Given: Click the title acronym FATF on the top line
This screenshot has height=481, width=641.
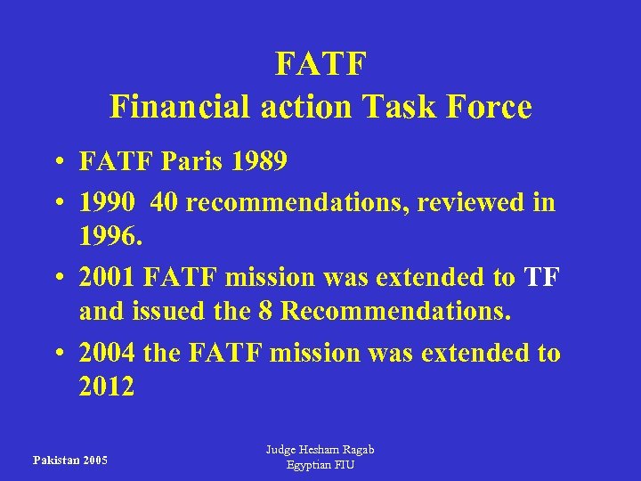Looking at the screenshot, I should point(320,65).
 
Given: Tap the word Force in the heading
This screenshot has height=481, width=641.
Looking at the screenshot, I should point(491,108).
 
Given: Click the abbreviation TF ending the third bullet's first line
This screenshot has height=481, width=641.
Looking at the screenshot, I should point(541,278).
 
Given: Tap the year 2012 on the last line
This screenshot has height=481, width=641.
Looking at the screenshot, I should point(107,387).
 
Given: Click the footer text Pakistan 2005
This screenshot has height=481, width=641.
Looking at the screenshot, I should point(70,461).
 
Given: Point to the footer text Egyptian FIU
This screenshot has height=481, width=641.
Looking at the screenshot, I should point(320,467).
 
